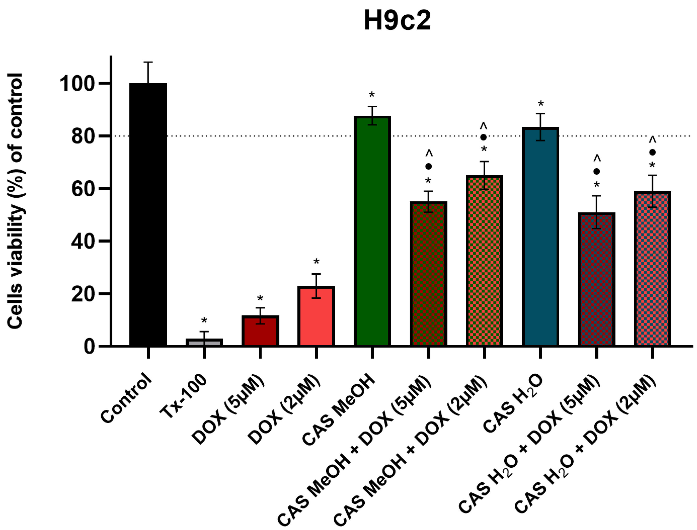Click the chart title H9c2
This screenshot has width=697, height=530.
pos(397,21)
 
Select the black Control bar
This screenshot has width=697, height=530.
pos(148,215)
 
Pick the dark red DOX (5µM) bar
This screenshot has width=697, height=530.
pos(260,331)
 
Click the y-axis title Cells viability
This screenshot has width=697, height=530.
pos(15,201)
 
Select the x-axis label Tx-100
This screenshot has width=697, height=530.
pos(183,397)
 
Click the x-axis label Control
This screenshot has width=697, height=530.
pos(126,398)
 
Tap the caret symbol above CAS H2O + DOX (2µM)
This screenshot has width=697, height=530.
pos(652,139)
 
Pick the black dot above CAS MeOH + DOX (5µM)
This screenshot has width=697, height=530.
pos(428,166)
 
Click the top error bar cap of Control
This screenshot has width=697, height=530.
pos(148,62)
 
